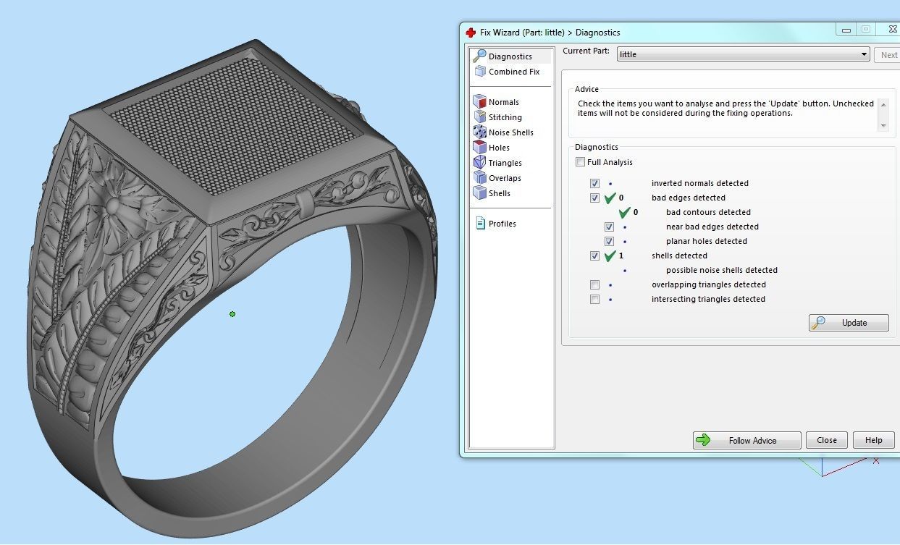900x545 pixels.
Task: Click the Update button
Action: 849,323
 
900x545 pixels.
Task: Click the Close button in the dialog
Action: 826,440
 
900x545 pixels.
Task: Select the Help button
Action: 873,440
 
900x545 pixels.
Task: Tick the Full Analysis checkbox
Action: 581,162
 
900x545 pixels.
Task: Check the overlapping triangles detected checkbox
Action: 595,284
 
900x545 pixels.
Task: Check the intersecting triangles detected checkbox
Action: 595,299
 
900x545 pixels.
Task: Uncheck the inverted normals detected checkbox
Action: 595,183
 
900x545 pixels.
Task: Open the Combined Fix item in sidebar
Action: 513,72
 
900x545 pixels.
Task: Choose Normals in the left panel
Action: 503,102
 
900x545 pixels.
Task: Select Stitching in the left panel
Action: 505,117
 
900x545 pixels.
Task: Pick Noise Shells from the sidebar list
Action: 510,132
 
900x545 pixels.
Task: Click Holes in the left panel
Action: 499,148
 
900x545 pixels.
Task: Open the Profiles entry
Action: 502,224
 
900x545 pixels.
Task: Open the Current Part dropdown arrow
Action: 865,54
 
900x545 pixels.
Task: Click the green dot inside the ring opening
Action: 232,314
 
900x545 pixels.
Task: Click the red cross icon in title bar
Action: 471,33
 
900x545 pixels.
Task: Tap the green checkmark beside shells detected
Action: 610,255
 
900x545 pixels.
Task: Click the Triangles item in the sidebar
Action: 505,163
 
